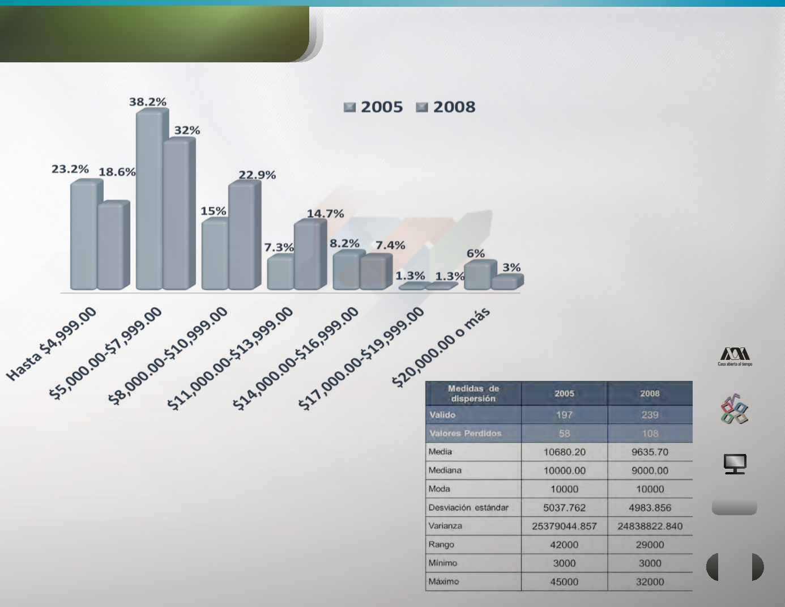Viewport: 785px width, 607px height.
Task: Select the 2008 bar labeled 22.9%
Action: coord(245,235)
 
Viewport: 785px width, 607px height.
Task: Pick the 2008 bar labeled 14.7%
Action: coord(310,254)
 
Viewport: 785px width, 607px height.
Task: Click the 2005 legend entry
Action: coord(373,107)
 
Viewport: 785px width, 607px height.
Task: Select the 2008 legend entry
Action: coord(446,107)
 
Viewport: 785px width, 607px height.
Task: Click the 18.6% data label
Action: coord(117,172)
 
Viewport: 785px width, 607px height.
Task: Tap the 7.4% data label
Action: coord(390,245)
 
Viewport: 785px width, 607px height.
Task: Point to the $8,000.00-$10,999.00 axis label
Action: coord(168,356)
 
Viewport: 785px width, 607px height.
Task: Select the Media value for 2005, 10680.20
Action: coord(564,452)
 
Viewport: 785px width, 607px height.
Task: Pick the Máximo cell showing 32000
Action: coord(650,581)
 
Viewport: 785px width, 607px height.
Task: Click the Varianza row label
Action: coord(445,525)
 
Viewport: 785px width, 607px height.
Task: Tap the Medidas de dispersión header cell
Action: coord(473,393)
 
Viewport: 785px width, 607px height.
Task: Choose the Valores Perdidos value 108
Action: coord(650,434)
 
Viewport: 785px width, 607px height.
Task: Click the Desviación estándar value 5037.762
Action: coord(564,508)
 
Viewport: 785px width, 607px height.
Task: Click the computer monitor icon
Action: coord(735,464)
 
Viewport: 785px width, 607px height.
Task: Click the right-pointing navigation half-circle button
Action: coord(758,567)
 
